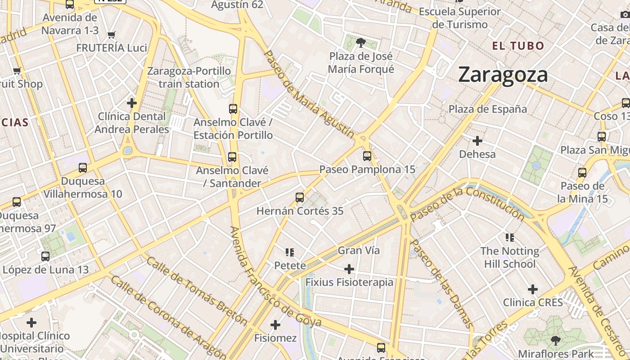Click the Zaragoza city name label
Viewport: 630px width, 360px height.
coord(503,75)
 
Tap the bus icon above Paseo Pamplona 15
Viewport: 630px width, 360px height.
coord(367,156)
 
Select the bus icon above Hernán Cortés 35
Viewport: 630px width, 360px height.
coord(300,197)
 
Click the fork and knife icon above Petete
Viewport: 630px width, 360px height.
coord(290,252)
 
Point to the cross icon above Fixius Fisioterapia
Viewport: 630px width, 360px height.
coord(349,269)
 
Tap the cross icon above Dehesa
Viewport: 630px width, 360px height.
coord(477,141)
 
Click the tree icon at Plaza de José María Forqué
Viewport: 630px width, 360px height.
coord(360,43)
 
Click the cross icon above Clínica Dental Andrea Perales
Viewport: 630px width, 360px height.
coord(132,103)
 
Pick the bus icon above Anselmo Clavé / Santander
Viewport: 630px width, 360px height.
coord(232,157)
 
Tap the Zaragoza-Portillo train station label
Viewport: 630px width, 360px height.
coord(189,77)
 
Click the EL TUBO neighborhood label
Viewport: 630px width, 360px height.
coord(518,45)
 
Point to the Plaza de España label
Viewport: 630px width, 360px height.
coord(488,109)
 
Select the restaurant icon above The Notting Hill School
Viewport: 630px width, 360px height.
coord(510,237)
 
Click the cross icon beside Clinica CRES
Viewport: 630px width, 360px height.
coord(533,289)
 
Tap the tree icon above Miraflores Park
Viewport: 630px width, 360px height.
coord(556,340)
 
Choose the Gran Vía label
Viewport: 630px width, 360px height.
coord(359,250)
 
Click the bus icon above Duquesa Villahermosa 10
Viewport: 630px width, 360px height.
coord(83,168)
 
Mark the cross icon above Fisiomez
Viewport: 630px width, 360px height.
coord(275,324)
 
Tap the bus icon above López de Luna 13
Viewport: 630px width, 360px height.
coord(45,256)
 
